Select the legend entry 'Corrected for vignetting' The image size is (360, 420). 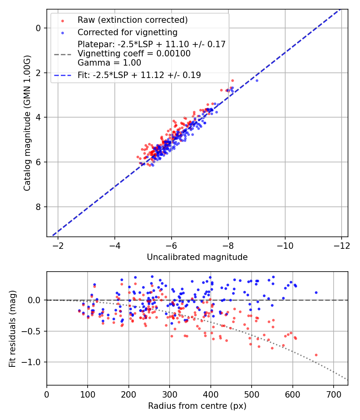point(127,32)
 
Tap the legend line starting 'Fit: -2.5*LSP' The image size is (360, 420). point(139,75)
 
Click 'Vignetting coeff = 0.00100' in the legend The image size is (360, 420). point(134,53)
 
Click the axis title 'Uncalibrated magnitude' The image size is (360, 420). point(197,257)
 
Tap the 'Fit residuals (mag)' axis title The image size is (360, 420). point(12,328)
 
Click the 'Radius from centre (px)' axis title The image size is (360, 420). point(197,406)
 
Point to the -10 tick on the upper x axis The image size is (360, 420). point(285,244)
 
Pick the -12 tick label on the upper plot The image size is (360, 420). point(342,244)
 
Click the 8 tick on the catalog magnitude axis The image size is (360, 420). point(38,207)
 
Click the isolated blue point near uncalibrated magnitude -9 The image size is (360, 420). point(257,80)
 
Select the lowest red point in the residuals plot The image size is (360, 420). point(316,355)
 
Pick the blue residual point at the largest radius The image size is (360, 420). point(316,292)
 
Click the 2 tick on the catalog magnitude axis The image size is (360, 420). point(38,73)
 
